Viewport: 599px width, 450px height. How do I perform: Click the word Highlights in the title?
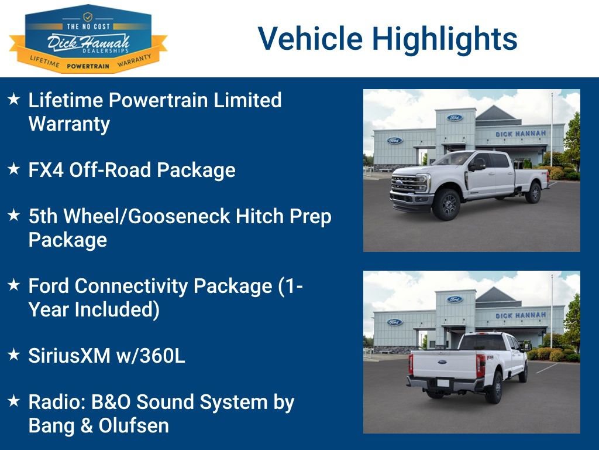(445, 39)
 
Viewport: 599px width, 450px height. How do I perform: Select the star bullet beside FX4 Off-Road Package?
(14, 170)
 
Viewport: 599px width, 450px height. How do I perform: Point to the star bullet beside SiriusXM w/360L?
(14, 355)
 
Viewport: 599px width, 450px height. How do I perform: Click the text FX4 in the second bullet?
(46, 171)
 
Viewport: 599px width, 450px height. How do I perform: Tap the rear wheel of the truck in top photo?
(533, 192)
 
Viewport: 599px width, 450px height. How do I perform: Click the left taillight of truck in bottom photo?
(411, 364)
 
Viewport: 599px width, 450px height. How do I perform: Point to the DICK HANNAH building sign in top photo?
(521, 134)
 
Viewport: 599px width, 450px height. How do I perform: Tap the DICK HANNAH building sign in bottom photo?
(521, 315)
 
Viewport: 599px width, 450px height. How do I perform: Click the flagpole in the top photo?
(551, 129)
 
